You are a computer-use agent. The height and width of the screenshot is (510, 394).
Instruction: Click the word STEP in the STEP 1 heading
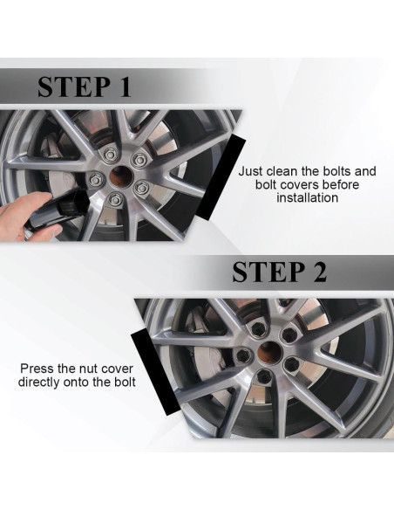coord(74,86)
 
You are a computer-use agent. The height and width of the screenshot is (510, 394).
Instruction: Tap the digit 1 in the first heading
coord(125,86)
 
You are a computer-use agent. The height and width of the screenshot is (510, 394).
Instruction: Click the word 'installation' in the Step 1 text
coord(308,197)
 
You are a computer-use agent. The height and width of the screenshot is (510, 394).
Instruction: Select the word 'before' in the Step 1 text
coord(342,184)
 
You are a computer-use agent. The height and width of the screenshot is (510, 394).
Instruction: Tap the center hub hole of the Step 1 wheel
coord(121,176)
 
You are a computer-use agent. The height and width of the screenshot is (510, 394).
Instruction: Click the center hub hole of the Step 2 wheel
coord(270,353)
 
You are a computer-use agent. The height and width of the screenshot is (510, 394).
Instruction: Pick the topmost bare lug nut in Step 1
coord(111,154)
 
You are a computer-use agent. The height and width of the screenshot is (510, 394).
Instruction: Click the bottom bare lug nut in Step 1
coord(114,199)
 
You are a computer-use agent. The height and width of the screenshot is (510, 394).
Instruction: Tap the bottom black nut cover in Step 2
coord(263,377)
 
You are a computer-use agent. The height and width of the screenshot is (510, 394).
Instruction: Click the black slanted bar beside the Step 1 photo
coord(221,177)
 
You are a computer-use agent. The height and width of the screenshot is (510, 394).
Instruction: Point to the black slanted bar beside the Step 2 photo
coord(155,371)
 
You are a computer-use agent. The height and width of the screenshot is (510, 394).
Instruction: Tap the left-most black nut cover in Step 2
coord(242,356)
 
